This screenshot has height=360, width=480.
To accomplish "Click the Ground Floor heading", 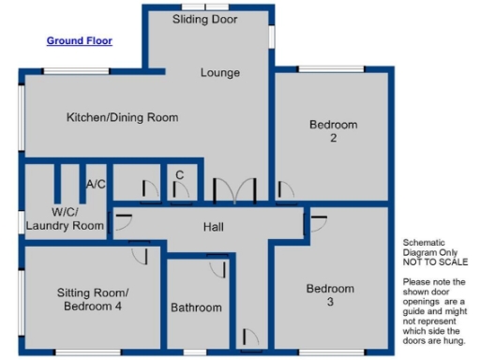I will point(80,41).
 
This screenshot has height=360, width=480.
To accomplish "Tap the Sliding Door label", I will point(205,19).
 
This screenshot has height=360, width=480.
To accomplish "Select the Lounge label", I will point(220,73).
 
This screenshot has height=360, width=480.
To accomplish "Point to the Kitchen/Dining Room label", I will point(122,118).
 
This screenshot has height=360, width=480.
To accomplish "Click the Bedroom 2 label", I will point(334,131).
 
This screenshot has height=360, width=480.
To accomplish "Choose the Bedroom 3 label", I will point(330,294).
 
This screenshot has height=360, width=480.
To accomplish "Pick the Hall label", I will point(213,227).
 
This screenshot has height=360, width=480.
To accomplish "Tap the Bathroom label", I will point(196,307).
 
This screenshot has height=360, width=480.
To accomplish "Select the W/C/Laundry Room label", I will point(64,218).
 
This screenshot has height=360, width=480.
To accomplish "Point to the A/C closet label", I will point(96,185).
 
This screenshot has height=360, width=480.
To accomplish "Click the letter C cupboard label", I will point(179,175).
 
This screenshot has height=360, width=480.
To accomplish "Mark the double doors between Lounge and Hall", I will point(233,191).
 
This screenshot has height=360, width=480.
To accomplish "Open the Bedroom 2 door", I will point(286,191).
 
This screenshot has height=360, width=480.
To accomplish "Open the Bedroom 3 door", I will point(317,223).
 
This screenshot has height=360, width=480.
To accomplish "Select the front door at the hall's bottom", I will point(248,337).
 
